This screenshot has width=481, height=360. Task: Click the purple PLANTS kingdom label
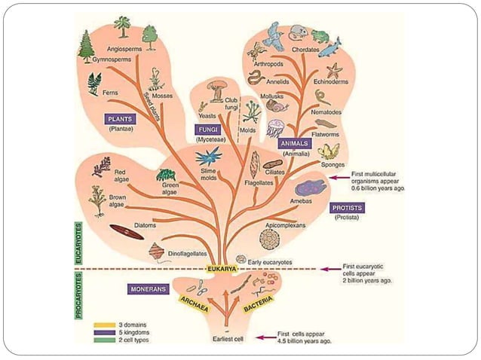click(x=119, y=119)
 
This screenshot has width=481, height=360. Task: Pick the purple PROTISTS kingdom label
click(x=347, y=207)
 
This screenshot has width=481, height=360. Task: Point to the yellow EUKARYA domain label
click(x=222, y=269)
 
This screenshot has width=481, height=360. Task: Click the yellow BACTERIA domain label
click(x=258, y=302)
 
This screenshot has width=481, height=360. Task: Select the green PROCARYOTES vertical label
click(x=78, y=296)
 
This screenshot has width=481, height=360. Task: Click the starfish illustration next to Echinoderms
click(x=334, y=72)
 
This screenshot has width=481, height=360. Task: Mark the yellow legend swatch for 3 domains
click(x=105, y=324)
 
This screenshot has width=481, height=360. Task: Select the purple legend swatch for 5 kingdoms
click(x=105, y=332)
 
